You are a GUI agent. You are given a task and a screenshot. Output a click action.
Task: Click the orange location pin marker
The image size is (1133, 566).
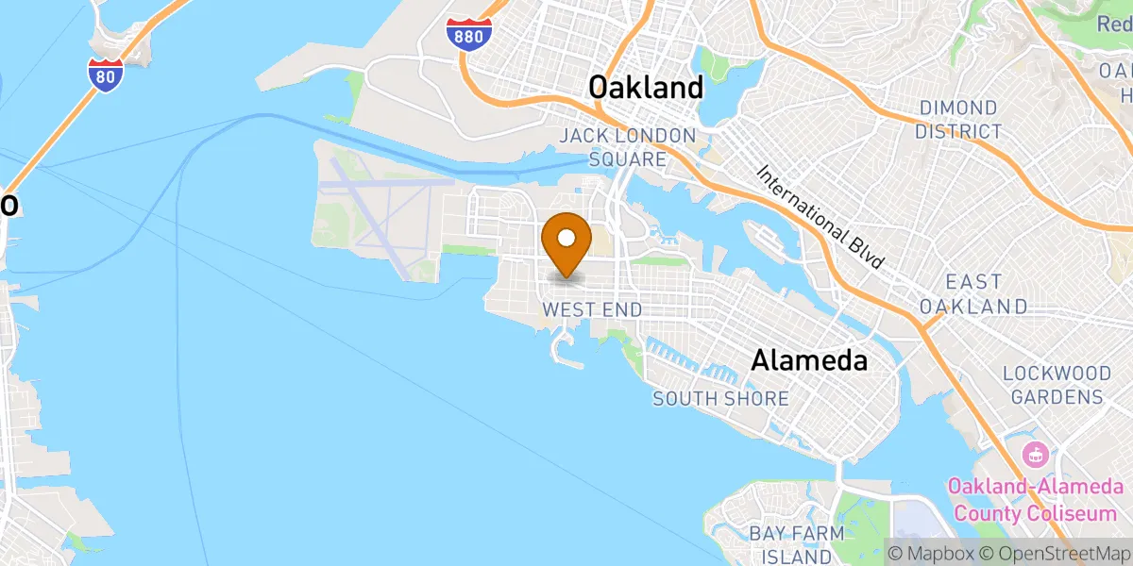566,243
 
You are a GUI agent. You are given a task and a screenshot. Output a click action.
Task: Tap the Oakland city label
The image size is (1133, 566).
646,88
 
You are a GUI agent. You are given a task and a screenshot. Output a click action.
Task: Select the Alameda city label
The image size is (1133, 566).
809,360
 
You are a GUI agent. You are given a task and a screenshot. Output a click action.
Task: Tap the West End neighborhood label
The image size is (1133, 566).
592,309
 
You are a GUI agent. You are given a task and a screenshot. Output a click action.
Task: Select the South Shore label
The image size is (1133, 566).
720,398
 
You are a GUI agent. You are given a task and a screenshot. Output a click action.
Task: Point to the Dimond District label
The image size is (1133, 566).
957,120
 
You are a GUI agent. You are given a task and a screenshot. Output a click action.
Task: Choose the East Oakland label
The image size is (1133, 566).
973,294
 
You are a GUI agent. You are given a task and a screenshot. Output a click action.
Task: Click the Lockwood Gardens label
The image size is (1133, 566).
1053,384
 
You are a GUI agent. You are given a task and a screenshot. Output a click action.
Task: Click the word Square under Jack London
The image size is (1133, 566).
627,158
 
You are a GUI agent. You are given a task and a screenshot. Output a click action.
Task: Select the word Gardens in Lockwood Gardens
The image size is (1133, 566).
1053,397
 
